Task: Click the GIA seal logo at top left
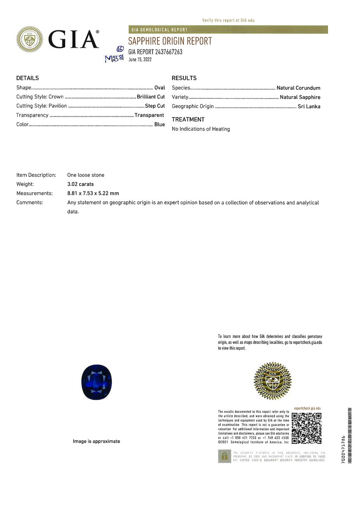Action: coord(29,39)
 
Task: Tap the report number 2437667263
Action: coord(169,52)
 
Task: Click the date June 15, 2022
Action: coord(140,60)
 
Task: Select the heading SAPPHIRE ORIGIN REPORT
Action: coord(170,41)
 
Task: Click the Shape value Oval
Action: coord(159,88)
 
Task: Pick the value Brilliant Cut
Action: coord(151,97)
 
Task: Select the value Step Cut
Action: coord(155,106)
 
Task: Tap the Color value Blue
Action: coord(159,124)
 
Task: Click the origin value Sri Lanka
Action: coord(309,106)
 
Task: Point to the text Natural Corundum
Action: coord(298,88)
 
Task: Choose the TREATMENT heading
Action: coord(188,119)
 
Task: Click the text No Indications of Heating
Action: coord(201,129)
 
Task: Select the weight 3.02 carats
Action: coord(80,184)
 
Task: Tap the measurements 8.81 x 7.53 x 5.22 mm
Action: coord(93,193)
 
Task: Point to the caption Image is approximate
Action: coord(97,441)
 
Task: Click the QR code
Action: coord(306,428)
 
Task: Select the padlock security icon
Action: coord(224,456)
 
